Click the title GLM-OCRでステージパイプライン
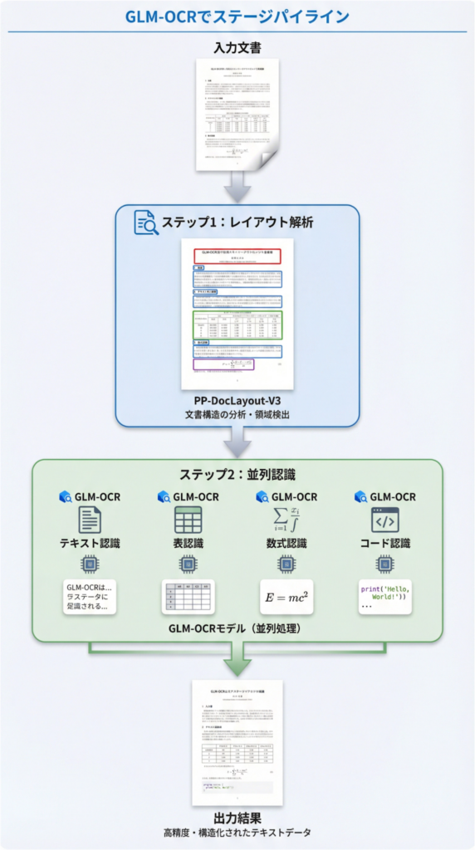coord(237,17)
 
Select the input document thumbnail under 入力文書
coord(237,115)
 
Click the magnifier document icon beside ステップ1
coord(146,222)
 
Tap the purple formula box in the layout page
coord(223,364)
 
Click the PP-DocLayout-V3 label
coord(237,399)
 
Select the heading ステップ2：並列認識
coord(237,475)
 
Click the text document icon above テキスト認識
coord(90,520)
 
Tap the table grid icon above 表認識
coord(189,520)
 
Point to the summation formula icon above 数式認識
coord(286,519)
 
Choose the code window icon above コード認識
coord(385,520)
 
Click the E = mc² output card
coord(286,596)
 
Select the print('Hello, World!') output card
coord(385,596)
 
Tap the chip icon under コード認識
coord(385,564)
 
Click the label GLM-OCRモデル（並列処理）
coord(237,628)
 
